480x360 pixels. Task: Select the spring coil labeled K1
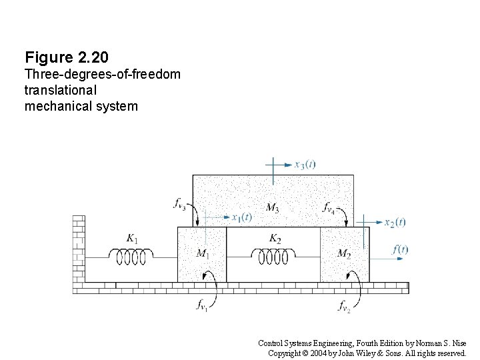(132, 254)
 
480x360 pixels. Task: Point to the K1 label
(132, 237)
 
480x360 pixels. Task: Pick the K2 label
(275, 238)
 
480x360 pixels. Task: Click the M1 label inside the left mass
(203, 253)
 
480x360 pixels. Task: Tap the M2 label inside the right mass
(344, 253)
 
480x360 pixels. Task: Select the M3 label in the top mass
(272, 208)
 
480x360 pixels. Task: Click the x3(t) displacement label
(305, 165)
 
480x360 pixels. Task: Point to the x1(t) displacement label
(241, 217)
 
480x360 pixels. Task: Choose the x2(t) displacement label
(395, 222)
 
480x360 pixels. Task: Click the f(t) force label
(400, 249)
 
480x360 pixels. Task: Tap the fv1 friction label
(202, 306)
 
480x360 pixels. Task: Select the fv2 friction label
(344, 307)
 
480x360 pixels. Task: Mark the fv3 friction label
(179, 204)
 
